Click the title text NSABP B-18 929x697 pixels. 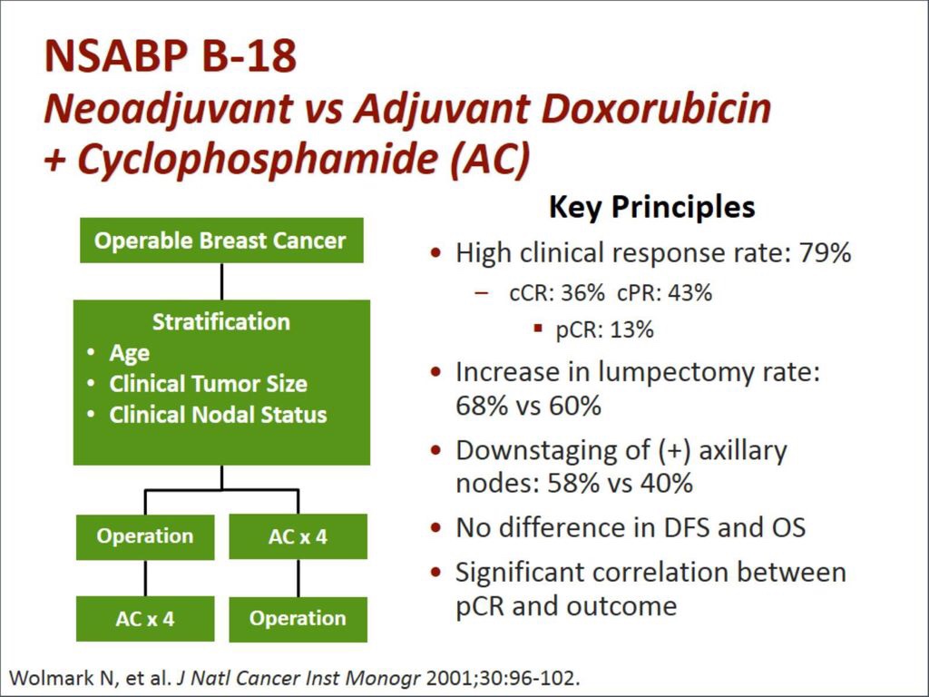tap(171, 56)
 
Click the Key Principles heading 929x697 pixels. tap(651, 207)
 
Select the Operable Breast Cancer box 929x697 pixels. tap(221, 240)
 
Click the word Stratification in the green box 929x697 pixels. tap(221, 322)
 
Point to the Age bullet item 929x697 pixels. tap(129, 353)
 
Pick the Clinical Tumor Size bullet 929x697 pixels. tap(208, 384)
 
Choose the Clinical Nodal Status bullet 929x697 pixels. tap(218, 414)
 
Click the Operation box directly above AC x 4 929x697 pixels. tap(145, 536)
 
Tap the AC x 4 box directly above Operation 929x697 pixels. tap(298, 536)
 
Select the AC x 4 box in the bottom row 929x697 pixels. tap(145, 619)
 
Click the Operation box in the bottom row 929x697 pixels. tap(298, 619)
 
